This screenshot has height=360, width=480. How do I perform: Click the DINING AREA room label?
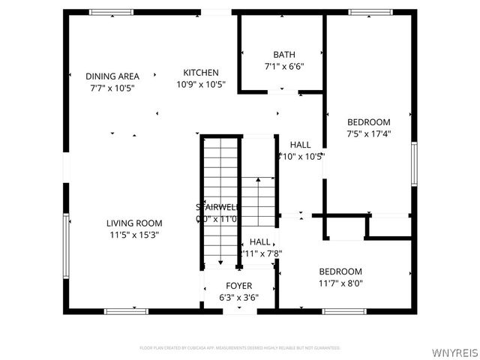click(x=112, y=76)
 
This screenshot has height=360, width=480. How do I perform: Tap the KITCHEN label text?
click(x=201, y=73)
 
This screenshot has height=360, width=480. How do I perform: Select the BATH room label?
click(x=284, y=55)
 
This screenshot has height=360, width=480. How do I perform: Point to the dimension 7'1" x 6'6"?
click(x=284, y=66)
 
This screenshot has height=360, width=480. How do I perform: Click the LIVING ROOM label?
click(x=134, y=223)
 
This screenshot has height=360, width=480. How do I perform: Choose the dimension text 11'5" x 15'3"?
click(x=134, y=234)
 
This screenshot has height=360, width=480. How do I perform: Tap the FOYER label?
click(x=239, y=286)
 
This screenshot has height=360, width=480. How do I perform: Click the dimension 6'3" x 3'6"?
click(x=239, y=297)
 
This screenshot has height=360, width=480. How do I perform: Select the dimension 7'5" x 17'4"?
click(x=368, y=133)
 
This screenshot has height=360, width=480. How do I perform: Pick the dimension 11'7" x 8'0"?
click(x=340, y=283)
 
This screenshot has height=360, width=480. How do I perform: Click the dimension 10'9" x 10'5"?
click(x=201, y=85)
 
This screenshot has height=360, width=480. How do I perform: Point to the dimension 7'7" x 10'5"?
click(x=112, y=88)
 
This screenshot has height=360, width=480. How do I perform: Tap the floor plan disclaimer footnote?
click(x=240, y=348)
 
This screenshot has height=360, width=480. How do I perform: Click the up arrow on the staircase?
click(x=258, y=180)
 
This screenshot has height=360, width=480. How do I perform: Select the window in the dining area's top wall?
click(x=111, y=12)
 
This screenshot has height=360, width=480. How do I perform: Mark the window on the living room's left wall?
click(x=66, y=245)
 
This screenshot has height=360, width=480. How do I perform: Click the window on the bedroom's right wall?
click(x=413, y=163)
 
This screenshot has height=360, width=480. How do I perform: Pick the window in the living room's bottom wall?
click(x=126, y=310)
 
